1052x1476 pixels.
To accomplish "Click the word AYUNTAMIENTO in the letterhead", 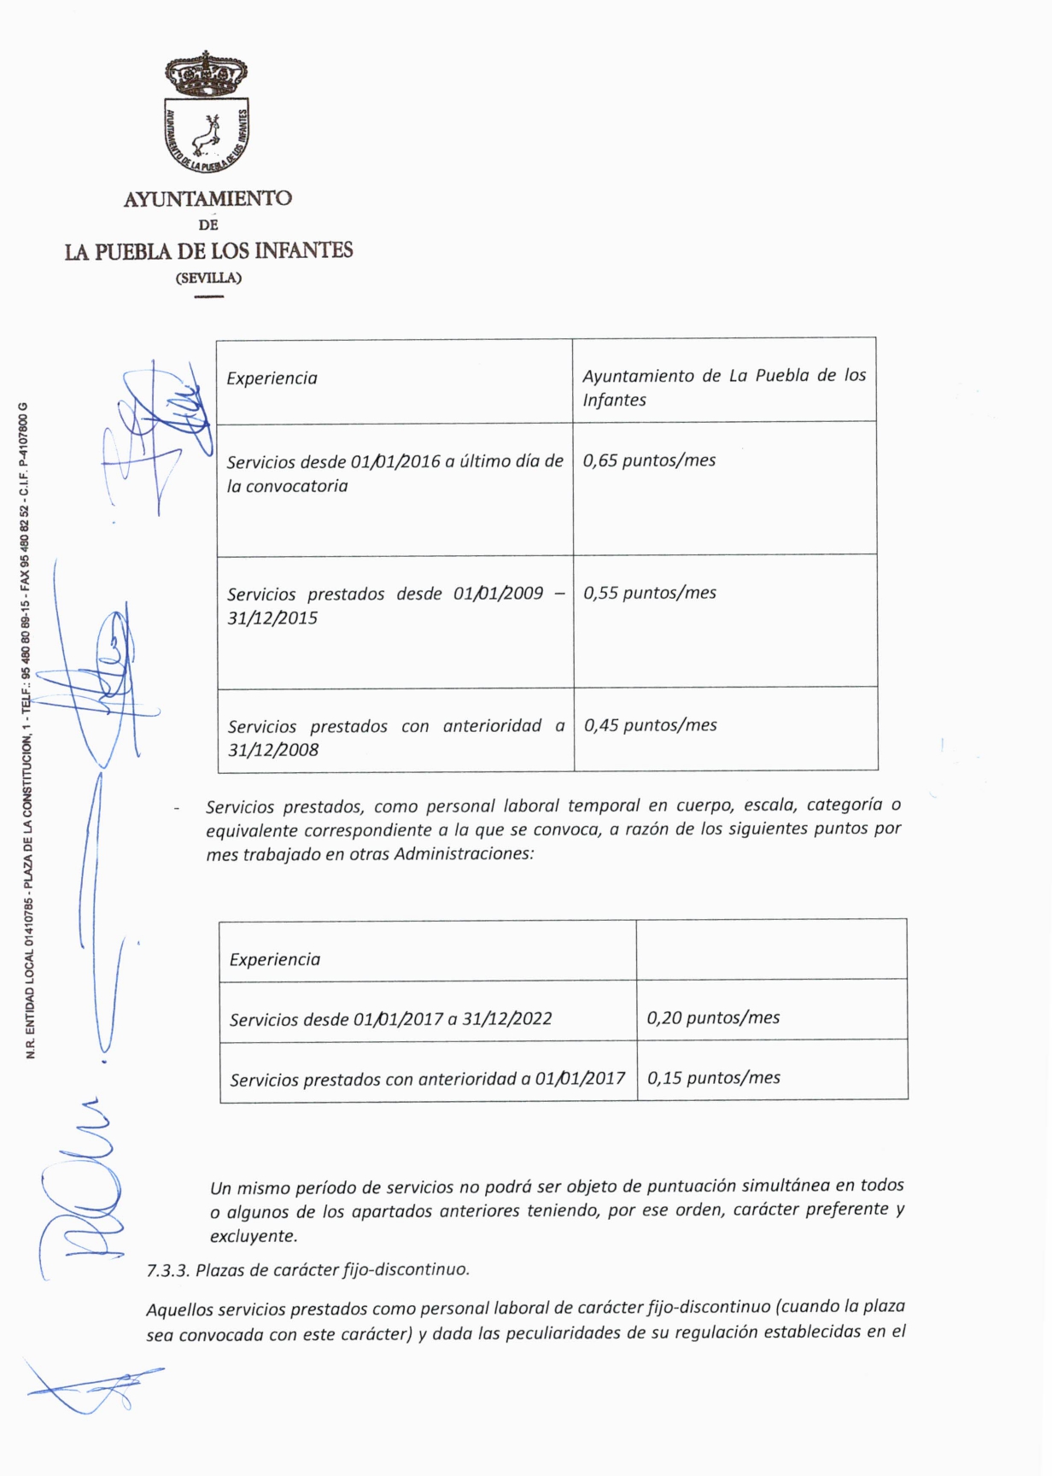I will [x=207, y=199].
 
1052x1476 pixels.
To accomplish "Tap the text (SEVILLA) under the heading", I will [x=208, y=278].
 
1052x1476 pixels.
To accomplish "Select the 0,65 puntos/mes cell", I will [x=650, y=460].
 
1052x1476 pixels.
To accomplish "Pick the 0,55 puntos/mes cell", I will [x=650, y=593].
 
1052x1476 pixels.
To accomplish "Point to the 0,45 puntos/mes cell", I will [x=651, y=725].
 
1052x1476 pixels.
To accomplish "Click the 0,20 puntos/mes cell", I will [x=713, y=1017].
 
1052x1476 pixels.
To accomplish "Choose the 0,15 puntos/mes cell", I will [x=714, y=1078].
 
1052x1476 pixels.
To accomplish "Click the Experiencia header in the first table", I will [x=272, y=378].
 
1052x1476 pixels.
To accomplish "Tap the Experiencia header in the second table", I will [x=275, y=959].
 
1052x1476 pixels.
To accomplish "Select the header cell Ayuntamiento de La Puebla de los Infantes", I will [x=724, y=388].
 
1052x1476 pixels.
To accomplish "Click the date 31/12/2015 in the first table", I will [x=272, y=618].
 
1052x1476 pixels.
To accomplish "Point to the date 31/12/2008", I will [x=273, y=750].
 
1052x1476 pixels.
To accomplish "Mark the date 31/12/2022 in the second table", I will [x=507, y=1018].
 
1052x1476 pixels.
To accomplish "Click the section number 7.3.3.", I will [x=167, y=1270].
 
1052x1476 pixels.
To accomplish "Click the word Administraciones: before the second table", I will [x=464, y=854].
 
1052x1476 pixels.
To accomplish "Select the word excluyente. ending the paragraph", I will [x=254, y=1236].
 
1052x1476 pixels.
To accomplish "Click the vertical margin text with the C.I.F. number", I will [x=28, y=730].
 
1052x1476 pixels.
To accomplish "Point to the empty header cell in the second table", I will [x=771, y=950].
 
